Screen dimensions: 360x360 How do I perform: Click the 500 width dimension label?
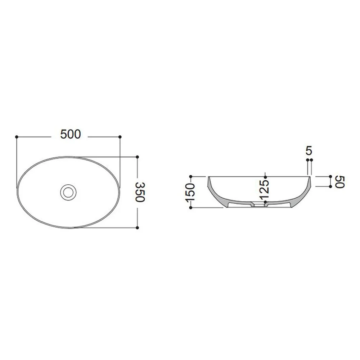[71, 134]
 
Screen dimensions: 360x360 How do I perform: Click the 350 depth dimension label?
[140, 192]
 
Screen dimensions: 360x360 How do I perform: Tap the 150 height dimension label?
[191, 192]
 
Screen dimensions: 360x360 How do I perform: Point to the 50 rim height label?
[340, 182]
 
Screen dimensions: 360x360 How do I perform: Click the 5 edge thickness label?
[309, 151]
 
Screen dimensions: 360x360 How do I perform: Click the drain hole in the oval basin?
[68, 192]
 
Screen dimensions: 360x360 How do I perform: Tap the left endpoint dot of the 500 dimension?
[17, 137]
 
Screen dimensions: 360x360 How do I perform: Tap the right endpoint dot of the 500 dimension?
[120, 137]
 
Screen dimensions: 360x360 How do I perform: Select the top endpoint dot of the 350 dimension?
[137, 157]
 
